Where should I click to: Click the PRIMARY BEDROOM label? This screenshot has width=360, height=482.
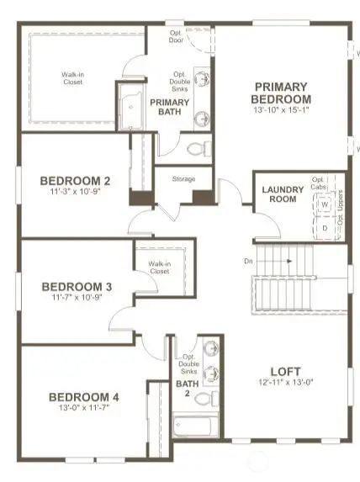tap(281, 92)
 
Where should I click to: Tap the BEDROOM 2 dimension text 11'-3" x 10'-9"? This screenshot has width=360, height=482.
tap(76, 191)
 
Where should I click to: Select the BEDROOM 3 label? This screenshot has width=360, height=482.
tap(76, 286)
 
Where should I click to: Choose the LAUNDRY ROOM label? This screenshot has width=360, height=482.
tap(283, 194)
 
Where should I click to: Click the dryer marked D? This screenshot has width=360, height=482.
tap(324, 226)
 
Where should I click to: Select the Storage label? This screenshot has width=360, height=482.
tap(183, 179)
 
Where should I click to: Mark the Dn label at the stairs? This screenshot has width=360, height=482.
tap(249, 262)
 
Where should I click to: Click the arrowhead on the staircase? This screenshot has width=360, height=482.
tap(289, 262)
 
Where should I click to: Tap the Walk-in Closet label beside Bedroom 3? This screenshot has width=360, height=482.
tap(159, 267)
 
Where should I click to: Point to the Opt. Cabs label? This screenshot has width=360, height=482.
tap(318, 183)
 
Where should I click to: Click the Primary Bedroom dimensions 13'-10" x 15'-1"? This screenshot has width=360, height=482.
tap(281, 109)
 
